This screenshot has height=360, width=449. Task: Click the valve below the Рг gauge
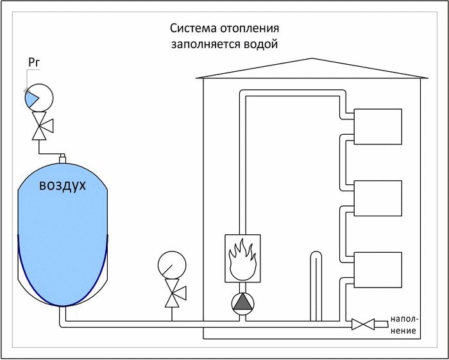[x=40, y=128]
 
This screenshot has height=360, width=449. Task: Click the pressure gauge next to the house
[x=171, y=264]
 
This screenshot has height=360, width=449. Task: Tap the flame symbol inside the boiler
[x=242, y=259]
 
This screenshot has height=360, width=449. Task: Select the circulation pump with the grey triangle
[x=242, y=302]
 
